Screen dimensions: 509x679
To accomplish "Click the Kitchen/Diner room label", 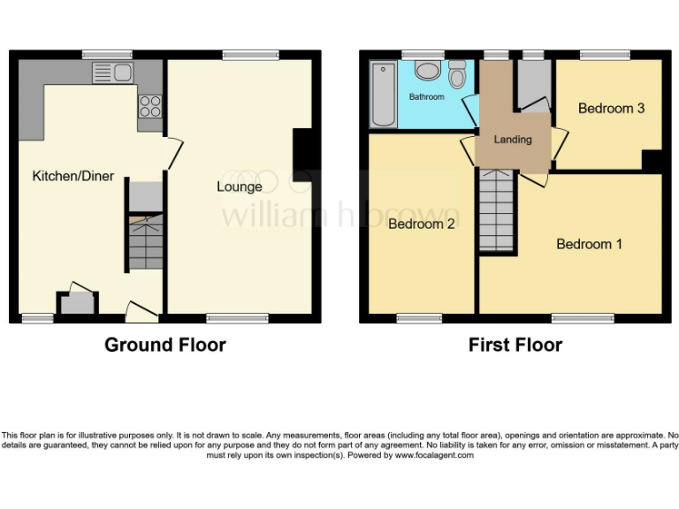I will [x=73, y=177].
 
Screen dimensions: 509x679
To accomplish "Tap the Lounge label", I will [x=240, y=186].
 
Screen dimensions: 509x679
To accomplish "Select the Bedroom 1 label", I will [x=589, y=244].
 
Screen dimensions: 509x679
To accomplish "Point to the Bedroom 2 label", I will [x=422, y=224].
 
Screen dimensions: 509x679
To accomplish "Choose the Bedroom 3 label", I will [x=611, y=109].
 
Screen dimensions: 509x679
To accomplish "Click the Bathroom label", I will [x=426, y=96].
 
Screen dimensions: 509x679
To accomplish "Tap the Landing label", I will [x=513, y=140].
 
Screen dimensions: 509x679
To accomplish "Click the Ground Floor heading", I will [x=165, y=345].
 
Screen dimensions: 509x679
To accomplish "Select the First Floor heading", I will [x=515, y=345].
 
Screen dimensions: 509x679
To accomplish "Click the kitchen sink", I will [x=111, y=72].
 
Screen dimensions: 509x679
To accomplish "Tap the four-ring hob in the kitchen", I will [x=149, y=105].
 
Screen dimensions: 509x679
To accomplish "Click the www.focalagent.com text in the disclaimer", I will [x=433, y=455].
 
